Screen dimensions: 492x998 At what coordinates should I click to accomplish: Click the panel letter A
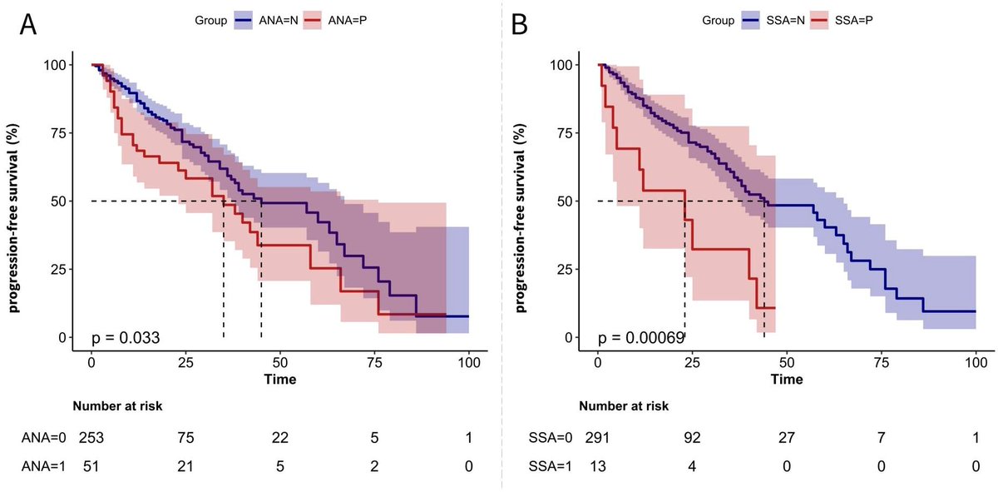click(x=27, y=24)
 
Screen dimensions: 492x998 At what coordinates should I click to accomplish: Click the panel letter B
click(x=520, y=24)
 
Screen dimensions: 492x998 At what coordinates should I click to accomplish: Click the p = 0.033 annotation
click(x=126, y=337)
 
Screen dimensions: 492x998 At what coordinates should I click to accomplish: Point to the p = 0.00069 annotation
click(x=641, y=337)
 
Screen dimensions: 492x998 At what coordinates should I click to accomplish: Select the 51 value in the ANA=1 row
click(x=93, y=467)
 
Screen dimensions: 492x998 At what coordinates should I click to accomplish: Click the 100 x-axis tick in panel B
click(x=975, y=364)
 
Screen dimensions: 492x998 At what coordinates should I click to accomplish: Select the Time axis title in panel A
click(x=280, y=380)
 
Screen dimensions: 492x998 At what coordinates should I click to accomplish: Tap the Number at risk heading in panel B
click(x=623, y=406)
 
